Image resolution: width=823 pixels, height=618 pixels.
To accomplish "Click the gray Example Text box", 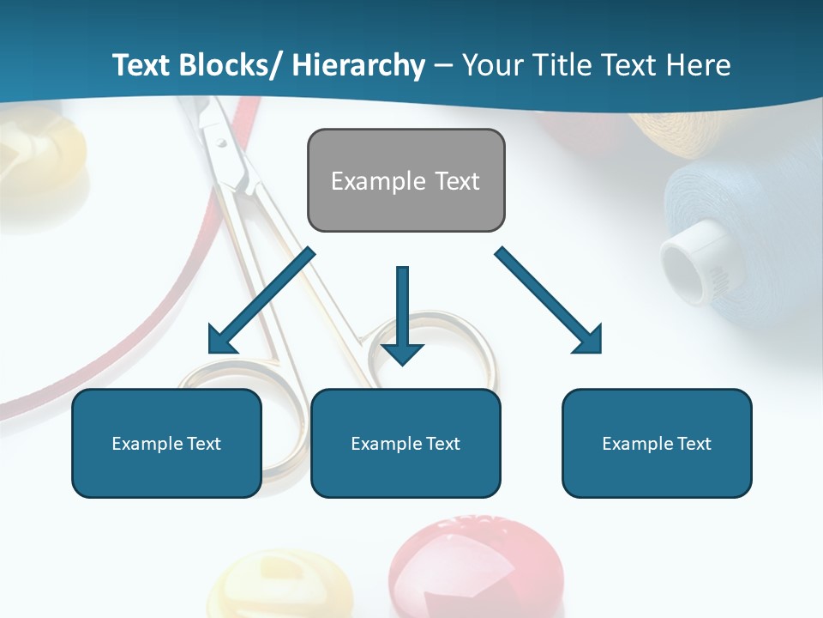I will coord(405,180).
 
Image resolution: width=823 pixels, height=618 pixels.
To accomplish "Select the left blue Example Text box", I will coord(166,443).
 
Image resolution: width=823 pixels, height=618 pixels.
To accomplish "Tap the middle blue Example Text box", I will coord(405,443).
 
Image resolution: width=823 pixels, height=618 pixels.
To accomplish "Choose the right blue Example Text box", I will coord(657,443).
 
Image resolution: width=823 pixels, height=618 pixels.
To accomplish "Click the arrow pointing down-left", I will coord(259,303).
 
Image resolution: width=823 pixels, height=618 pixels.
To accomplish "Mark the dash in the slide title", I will coord(443,66).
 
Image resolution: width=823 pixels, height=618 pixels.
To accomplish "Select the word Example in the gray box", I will coord(378,181).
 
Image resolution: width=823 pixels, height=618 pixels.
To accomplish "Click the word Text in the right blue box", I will coord(693,443).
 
